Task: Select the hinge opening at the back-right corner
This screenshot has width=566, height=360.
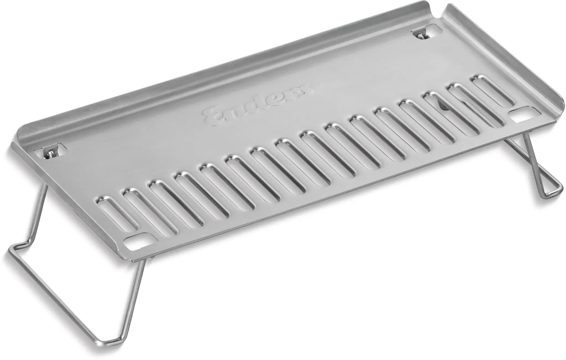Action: click(424, 33)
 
